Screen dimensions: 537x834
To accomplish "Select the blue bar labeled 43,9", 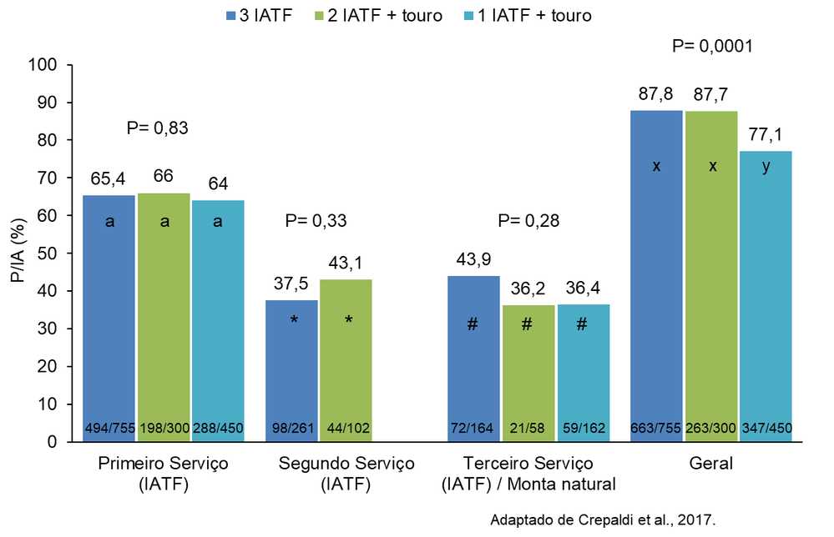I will click(x=473, y=358).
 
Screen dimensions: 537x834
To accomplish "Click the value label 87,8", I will click(x=656, y=94).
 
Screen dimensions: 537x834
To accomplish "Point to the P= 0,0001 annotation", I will click(x=712, y=47).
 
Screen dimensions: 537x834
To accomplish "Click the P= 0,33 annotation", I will click(x=316, y=221).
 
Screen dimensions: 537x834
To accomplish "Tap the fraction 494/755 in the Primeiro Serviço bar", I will click(x=109, y=429).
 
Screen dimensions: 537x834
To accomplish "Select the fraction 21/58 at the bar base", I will click(x=527, y=429).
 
